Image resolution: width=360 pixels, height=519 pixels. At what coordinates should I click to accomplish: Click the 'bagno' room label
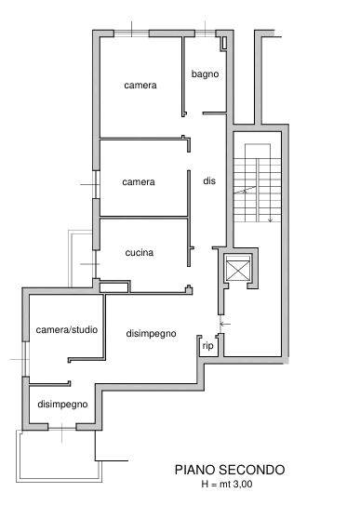(205, 73)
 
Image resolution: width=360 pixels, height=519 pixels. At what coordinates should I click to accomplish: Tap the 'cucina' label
(140, 253)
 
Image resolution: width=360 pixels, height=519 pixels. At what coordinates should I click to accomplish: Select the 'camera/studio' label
(67, 329)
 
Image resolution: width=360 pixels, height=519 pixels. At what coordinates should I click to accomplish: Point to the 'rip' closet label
(207, 346)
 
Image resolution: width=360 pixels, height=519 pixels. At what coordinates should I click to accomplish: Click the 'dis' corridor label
(209, 180)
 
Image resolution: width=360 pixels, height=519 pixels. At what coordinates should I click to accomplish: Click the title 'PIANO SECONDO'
(230, 470)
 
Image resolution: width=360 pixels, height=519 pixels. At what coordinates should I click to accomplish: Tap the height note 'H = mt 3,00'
(227, 484)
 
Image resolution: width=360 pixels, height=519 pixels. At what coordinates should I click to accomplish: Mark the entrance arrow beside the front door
(225, 324)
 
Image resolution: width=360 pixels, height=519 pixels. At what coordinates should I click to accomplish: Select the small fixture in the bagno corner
(224, 43)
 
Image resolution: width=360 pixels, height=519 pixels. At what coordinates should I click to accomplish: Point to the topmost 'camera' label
(140, 86)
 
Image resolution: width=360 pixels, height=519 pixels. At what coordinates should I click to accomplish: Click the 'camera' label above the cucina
(139, 182)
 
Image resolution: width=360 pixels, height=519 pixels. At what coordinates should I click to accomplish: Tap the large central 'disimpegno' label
(151, 333)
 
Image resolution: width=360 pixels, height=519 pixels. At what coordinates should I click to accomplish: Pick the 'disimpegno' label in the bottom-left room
(62, 405)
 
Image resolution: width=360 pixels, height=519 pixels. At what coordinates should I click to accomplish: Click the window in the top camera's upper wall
(131, 33)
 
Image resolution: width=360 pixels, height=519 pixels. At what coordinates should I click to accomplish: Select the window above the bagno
(205, 33)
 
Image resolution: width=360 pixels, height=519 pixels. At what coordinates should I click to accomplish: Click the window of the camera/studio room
(26, 359)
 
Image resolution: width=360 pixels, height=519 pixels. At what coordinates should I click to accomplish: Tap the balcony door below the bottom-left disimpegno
(62, 428)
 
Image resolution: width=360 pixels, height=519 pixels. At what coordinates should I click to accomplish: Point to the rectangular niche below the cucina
(113, 286)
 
